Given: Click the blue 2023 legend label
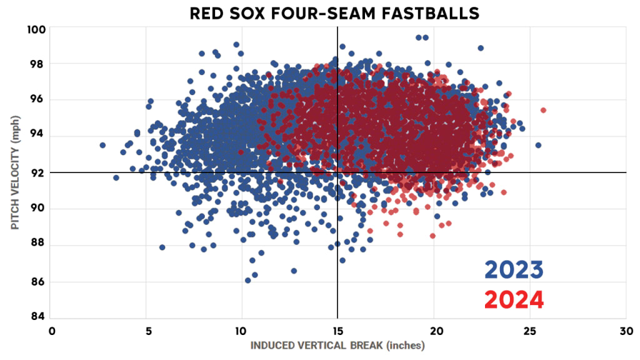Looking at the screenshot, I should click(514, 270).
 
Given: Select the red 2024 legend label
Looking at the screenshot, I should click(514, 300).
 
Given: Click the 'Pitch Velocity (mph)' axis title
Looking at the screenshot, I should click(15, 172).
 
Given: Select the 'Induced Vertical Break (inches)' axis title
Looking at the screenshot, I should click(337, 345).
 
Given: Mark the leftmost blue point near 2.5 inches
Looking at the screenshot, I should click(102, 145).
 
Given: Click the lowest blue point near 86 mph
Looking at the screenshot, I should click(247, 281).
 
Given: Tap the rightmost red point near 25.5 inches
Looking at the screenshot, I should click(543, 110).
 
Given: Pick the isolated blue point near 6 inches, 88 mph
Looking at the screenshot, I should click(162, 247).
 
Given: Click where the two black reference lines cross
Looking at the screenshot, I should click(337, 172).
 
